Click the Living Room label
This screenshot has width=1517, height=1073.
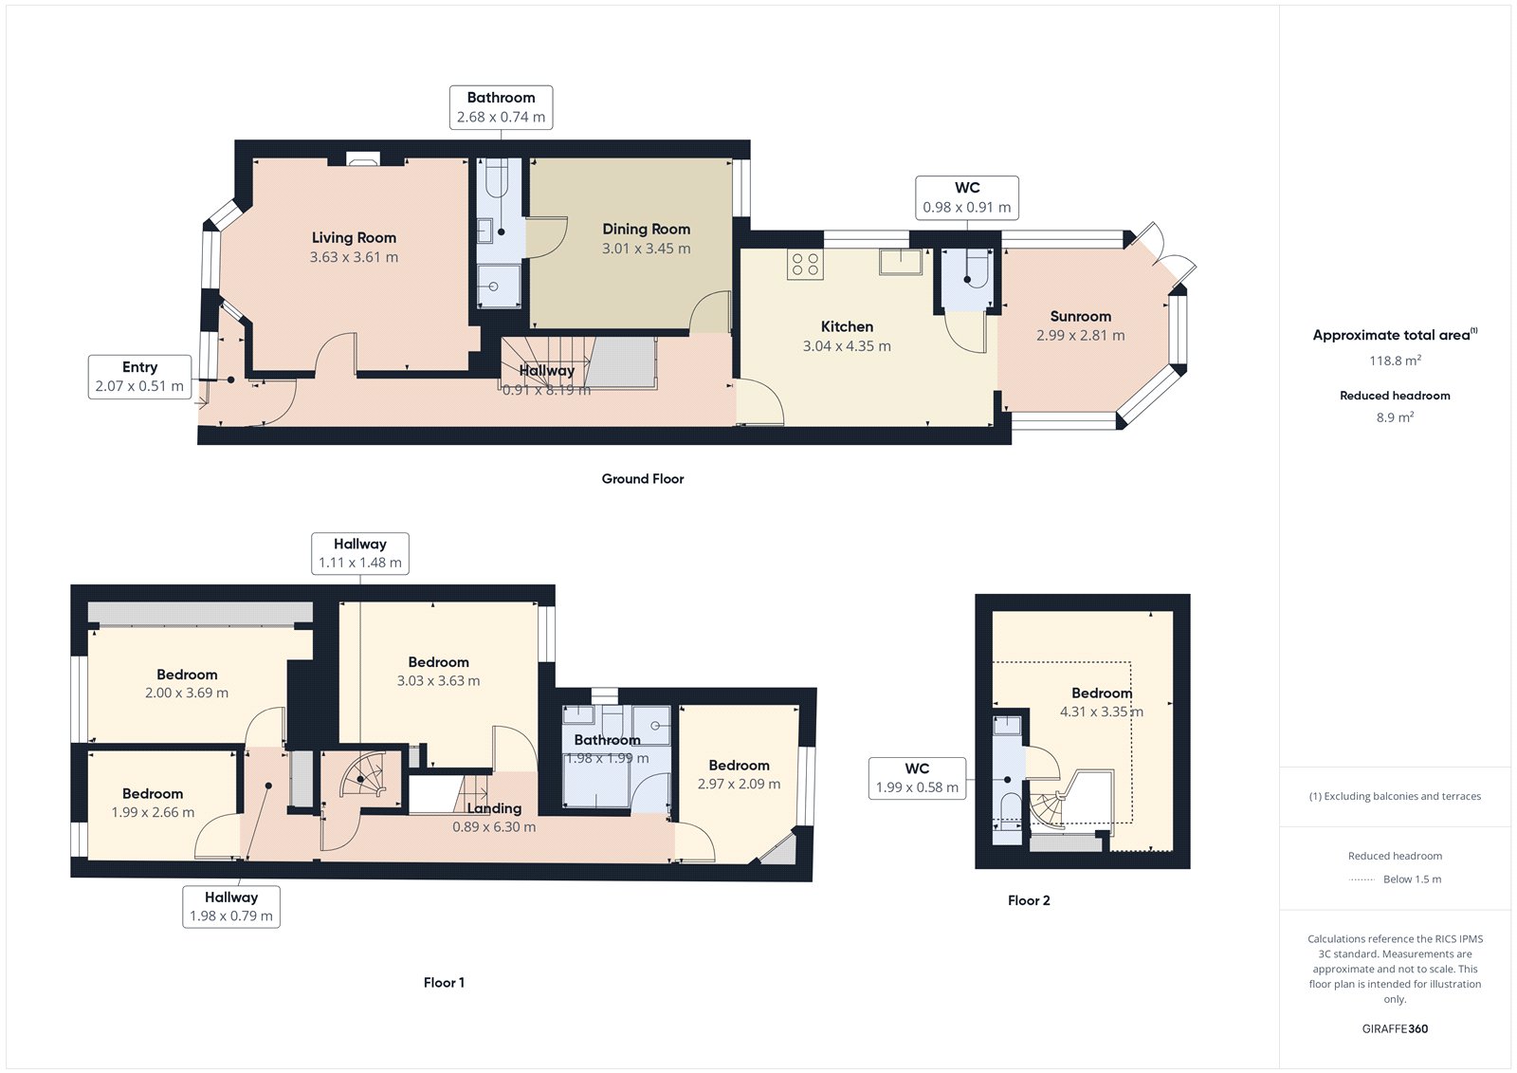click(x=354, y=237)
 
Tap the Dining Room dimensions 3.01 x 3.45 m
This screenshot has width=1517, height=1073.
click(x=646, y=249)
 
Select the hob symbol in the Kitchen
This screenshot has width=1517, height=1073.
click(x=805, y=264)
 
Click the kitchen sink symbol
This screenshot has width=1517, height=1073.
click(x=900, y=262)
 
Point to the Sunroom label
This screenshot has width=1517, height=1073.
click(x=1080, y=316)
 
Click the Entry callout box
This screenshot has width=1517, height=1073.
click(x=139, y=377)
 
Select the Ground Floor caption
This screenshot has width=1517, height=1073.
click(x=642, y=479)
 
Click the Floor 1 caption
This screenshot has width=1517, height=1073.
click(x=444, y=983)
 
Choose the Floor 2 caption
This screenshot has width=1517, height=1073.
click(x=1029, y=900)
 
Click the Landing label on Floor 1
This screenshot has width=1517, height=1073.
click(x=493, y=808)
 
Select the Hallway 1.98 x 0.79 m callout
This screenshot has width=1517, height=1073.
click(x=230, y=906)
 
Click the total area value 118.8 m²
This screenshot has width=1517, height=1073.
click(x=1394, y=361)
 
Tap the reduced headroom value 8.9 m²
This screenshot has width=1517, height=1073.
click(x=1394, y=417)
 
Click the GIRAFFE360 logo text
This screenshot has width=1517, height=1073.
click(x=1394, y=1028)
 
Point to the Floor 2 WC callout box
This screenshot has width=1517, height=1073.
click(x=917, y=778)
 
